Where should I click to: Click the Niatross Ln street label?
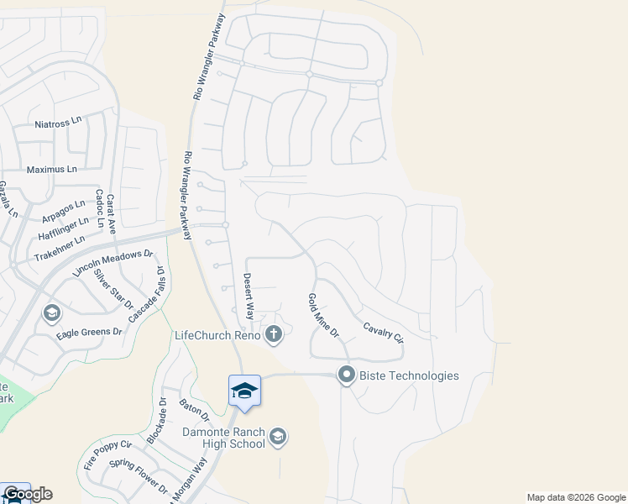(x=58, y=123)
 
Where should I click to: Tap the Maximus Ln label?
(x=51, y=169)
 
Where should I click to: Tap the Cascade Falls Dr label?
(x=146, y=295)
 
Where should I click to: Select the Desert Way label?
(x=249, y=297)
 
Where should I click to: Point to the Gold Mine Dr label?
(x=322, y=316)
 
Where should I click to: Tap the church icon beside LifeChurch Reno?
(x=273, y=336)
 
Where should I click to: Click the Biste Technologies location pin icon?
(x=346, y=375)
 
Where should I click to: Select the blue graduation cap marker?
(x=244, y=391)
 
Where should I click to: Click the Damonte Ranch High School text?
(x=224, y=438)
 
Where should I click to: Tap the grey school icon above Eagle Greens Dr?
(x=51, y=313)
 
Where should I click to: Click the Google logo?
(x=28, y=494)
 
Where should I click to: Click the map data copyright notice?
(x=576, y=497)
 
